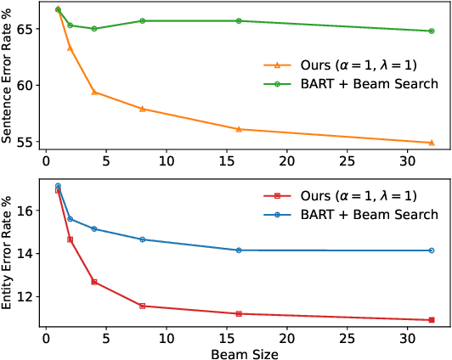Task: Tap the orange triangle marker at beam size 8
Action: (x=143, y=109)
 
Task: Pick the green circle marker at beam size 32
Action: (x=432, y=31)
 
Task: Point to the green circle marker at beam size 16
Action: (x=239, y=20)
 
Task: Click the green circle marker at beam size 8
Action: (x=143, y=20)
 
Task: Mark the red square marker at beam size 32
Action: (x=432, y=320)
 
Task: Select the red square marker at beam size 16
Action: (x=239, y=314)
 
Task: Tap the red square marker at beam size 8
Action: (x=143, y=306)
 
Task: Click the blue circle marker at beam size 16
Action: (x=239, y=250)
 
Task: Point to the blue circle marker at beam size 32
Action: (x=432, y=250)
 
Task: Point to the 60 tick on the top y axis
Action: (x=25, y=85)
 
